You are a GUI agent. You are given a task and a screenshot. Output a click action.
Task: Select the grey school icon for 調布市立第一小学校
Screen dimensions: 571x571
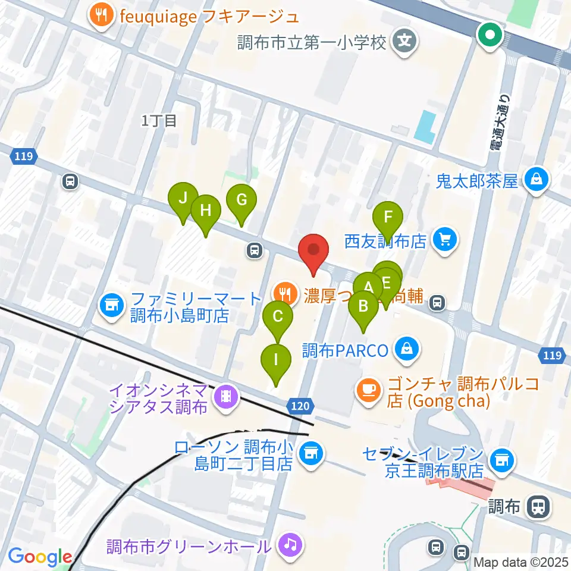pyautogui.click(x=405, y=43)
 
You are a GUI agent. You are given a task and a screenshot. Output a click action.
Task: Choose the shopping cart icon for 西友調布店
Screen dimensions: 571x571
pyautogui.click(x=444, y=240)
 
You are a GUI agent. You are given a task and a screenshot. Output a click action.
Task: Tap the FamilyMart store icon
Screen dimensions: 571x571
pyautogui.click(x=111, y=306)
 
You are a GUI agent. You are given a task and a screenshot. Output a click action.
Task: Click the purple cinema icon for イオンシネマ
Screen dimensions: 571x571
pyautogui.click(x=225, y=394)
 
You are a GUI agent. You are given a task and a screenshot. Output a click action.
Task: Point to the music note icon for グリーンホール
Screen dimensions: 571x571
pyautogui.click(x=289, y=544)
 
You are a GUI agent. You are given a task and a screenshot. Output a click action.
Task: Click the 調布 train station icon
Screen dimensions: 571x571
pyautogui.click(x=538, y=507)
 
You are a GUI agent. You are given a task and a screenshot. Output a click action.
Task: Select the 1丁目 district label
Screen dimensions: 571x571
pyautogui.click(x=159, y=121)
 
